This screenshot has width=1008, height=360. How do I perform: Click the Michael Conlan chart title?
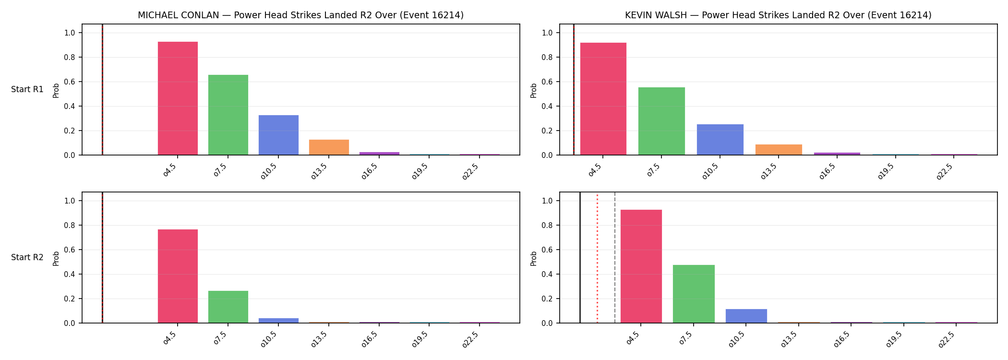300,15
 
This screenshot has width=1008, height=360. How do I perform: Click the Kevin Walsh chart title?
778,15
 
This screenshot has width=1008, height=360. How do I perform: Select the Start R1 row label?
27,90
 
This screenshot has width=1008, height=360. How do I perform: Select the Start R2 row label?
27,258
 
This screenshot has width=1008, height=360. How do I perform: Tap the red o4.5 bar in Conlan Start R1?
178,98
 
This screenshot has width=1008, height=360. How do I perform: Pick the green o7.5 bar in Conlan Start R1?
228,115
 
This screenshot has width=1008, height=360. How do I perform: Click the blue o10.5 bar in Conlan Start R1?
278,135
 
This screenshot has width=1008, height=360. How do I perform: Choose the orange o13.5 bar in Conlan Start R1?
329,147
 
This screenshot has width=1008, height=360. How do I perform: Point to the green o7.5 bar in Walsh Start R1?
661,121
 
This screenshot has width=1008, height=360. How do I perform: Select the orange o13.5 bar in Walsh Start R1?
779,150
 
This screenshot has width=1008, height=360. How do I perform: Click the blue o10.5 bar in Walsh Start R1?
720,140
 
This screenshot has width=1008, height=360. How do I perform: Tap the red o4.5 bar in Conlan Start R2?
178,276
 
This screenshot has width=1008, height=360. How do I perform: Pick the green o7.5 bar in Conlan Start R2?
228,307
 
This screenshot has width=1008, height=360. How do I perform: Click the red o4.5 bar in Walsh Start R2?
641,266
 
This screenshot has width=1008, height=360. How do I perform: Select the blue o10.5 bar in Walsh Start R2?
746,316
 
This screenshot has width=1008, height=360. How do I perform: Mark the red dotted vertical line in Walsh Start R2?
597,258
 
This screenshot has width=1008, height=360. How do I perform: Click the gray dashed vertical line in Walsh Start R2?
615,258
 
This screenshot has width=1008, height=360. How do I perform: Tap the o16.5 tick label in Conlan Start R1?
370,171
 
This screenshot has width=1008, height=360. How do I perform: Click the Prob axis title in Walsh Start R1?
534,90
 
